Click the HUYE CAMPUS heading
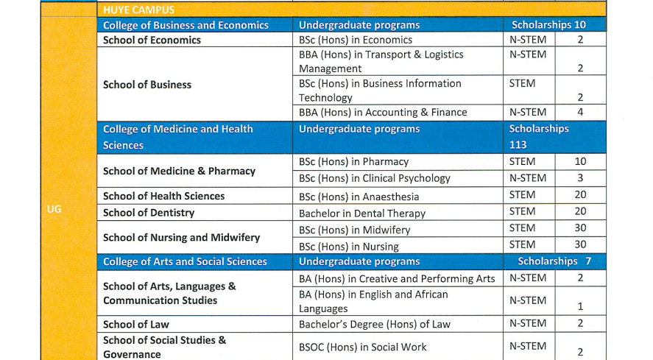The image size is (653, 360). pyautogui.click(x=138, y=10)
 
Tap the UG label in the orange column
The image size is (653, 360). pyautogui.click(x=54, y=209)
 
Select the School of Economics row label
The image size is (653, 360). pyautogui.click(x=152, y=40)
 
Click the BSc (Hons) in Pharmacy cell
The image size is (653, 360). pyautogui.click(x=353, y=162)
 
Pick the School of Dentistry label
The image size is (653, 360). pyautogui.click(x=149, y=213)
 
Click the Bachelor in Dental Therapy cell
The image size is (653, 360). pyautogui.click(x=362, y=213)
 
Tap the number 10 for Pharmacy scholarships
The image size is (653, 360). pyautogui.click(x=580, y=162)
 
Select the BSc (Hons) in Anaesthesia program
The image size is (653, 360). pyautogui.click(x=359, y=197)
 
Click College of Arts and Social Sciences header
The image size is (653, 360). pyautogui.click(x=185, y=261)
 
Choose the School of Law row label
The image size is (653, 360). pyautogui.click(x=136, y=324)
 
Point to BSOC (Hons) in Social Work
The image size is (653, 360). pyautogui.click(x=362, y=347)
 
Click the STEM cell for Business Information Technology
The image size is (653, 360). pyautogui.click(x=522, y=84)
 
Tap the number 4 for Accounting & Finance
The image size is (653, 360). pyautogui.click(x=580, y=113)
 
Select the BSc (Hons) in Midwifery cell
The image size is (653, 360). pyautogui.click(x=354, y=230)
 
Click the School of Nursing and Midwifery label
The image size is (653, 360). pyautogui.click(x=181, y=237)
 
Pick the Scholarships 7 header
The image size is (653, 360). pyautogui.click(x=554, y=261)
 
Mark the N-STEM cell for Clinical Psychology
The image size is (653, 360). pyautogui.click(x=527, y=178)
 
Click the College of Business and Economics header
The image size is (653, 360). pyautogui.click(x=186, y=25)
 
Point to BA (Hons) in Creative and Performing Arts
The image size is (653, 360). pyautogui.click(x=397, y=279)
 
